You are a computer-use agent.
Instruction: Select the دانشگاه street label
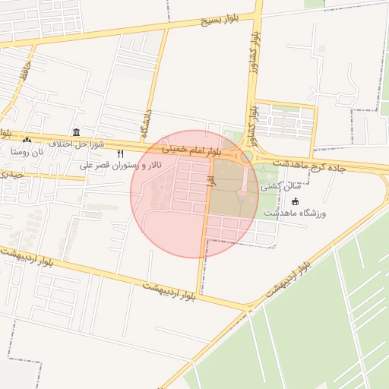pos(147,122)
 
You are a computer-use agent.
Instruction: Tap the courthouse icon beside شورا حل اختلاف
pos(75,132)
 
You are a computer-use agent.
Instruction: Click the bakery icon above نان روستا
pos(27,140)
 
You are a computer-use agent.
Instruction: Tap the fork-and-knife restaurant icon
pos(119,153)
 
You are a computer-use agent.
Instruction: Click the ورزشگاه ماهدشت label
pos(295,213)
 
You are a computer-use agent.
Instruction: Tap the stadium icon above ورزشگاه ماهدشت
pos(295,201)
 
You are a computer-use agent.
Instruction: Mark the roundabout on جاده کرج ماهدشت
pos(247,157)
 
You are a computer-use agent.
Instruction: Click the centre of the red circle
pos(194,194)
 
